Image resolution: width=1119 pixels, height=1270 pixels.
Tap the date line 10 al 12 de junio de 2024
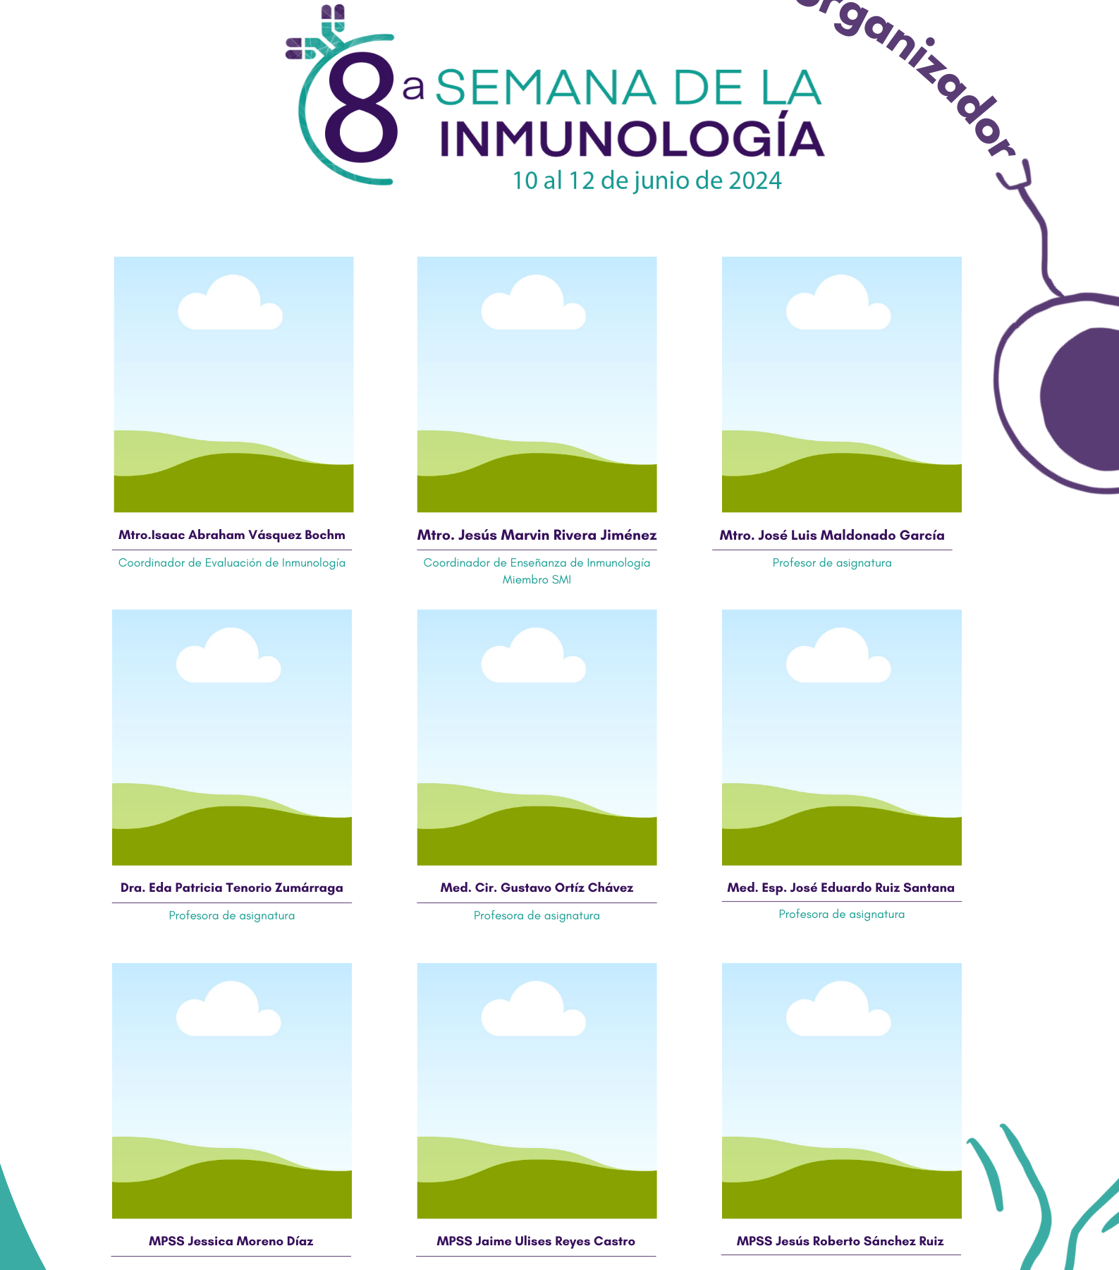(x=647, y=181)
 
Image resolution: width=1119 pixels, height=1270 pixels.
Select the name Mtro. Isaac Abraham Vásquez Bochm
(x=232, y=535)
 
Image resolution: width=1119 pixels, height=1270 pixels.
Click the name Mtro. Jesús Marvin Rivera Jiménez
(x=537, y=535)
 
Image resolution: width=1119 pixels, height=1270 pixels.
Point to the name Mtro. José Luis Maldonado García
(x=832, y=535)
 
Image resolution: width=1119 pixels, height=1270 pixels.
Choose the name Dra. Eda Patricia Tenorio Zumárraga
(x=232, y=888)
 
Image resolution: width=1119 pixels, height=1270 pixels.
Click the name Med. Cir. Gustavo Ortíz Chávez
(x=537, y=888)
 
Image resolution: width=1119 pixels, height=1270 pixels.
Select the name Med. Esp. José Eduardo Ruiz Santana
(x=841, y=888)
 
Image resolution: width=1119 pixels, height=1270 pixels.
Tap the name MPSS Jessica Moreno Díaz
(x=231, y=1241)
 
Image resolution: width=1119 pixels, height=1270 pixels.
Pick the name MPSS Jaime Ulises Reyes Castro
(x=536, y=1241)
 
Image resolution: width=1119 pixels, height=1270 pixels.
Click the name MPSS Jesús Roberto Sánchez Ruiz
(x=840, y=1241)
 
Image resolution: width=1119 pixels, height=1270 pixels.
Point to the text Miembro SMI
(x=537, y=580)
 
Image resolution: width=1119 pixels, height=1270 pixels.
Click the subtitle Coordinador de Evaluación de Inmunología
(x=232, y=563)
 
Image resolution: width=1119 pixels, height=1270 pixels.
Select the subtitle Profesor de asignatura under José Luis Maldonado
(x=832, y=563)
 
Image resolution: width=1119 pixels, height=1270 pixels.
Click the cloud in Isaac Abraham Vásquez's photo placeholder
(x=231, y=303)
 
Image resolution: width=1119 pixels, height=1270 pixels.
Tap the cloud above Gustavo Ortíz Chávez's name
(x=534, y=655)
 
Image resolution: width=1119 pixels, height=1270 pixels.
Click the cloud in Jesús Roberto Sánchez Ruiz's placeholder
(x=838, y=1009)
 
